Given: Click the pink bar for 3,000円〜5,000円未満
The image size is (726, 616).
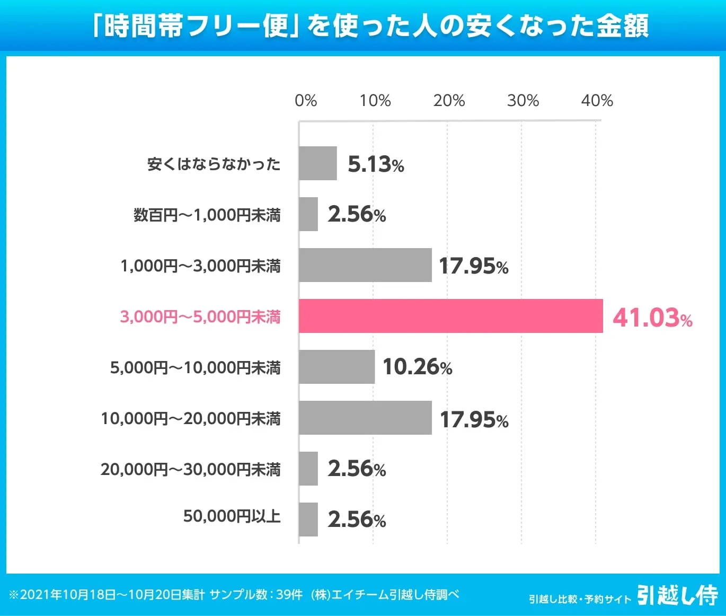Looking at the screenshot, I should (x=450, y=316).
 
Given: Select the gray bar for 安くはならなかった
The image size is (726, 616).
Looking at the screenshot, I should (x=317, y=163).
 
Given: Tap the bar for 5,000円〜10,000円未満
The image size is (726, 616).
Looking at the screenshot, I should (x=337, y=367).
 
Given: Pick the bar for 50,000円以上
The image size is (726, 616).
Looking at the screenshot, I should (x=308, y=520).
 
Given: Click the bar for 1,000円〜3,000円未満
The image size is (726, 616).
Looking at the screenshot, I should (x=365, y=265).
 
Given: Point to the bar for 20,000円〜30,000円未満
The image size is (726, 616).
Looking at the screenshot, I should (x=308, y=469).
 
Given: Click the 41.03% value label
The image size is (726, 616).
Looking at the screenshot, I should (x=652, y=318).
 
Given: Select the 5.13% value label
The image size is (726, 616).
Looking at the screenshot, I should (x=376, y=164).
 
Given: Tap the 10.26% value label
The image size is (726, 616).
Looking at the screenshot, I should (x=417, y=367).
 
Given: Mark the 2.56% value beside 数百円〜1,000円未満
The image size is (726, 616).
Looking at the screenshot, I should (x=357, y=214).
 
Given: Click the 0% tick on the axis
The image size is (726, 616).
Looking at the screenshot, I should (x=306, y=100).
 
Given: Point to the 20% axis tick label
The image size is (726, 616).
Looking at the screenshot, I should (x=449, y=100).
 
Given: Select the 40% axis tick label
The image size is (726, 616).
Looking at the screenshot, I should (x=597, y=100).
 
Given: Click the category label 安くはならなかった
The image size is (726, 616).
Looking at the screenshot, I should (x=214, y=164).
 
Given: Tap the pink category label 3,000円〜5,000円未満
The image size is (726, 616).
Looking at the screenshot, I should (x=200, y=316).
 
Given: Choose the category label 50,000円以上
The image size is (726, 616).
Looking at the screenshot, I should (x=232, y=516).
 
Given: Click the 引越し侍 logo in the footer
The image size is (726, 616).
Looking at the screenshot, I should (x=677, y=595).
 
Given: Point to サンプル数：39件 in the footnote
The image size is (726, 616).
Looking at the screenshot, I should (x=256, y=594).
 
